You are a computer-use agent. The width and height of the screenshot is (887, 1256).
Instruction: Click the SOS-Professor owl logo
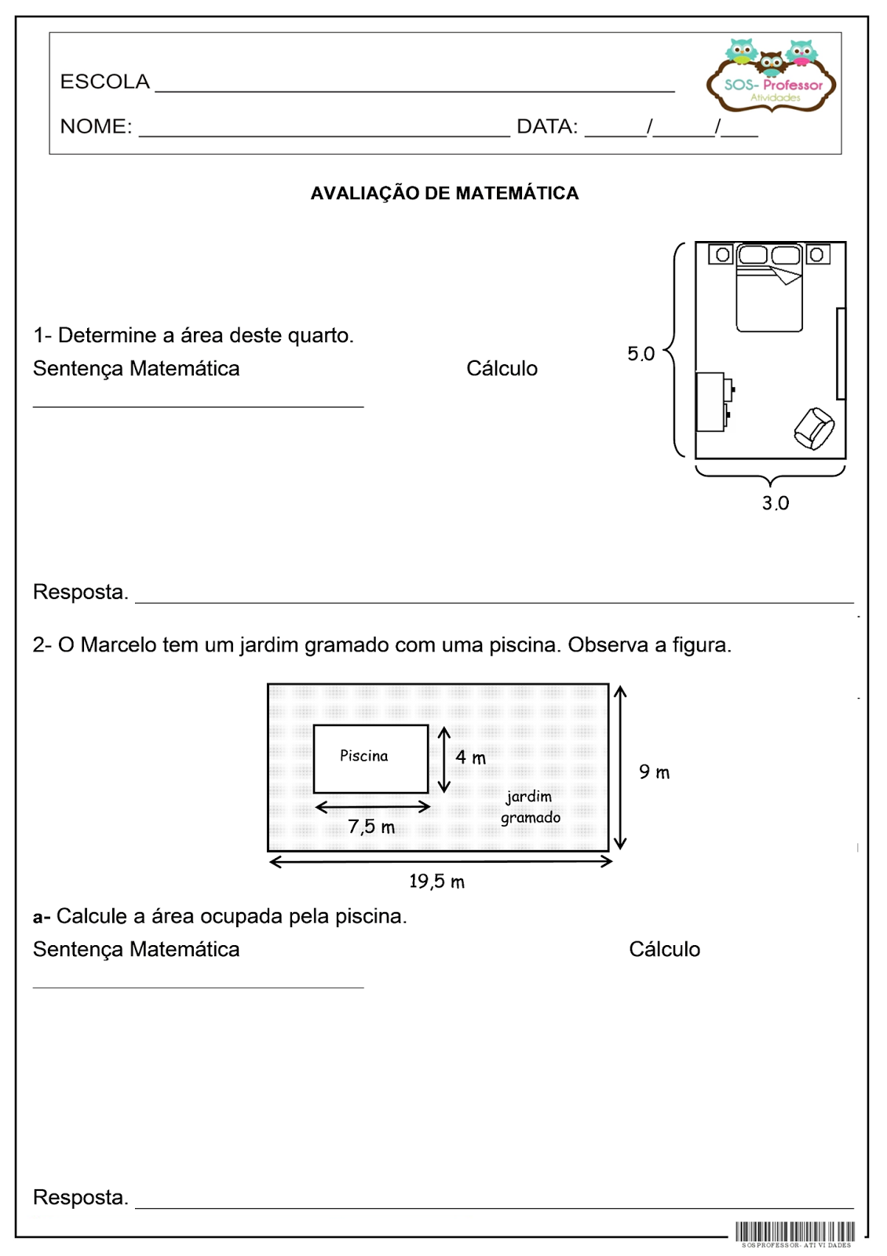(771, 75)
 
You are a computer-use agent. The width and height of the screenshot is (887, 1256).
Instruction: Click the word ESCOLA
(104, 82)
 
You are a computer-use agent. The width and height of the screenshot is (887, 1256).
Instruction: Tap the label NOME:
(96, 126)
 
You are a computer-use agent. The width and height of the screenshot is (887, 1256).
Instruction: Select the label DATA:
(546, 126)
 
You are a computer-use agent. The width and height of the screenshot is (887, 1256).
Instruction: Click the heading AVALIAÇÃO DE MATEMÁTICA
(444, 193)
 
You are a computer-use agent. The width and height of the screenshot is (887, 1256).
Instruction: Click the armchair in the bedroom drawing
(814, 429)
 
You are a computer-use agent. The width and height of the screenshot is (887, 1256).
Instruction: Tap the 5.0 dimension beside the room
(641, 354)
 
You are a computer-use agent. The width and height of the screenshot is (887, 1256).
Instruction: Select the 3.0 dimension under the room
(775, 503)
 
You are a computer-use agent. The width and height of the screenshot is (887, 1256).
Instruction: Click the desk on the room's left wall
(712, 401)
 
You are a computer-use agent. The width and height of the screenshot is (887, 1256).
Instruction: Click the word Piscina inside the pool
(363, 756)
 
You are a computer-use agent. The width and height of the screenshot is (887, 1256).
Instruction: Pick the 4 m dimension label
(470, 758)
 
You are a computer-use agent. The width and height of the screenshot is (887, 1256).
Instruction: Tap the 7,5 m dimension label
(371, 827)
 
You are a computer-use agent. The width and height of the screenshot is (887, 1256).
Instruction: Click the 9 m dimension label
(654, 772)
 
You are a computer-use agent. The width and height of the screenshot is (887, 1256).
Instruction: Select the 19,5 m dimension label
(436, 882)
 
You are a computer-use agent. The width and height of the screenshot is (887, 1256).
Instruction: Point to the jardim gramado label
(530, 807)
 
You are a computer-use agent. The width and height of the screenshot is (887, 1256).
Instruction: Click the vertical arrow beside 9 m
(620, 768)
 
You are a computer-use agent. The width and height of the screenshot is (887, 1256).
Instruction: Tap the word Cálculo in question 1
(502, 369)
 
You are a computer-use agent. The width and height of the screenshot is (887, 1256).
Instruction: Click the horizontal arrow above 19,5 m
(440, 862)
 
